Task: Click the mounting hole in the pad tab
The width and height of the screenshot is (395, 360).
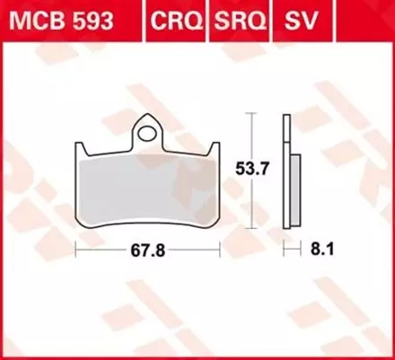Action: tap(147, 134)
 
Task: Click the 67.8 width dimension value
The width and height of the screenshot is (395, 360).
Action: tap(146, 250)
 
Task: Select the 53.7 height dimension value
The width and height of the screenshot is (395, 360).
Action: tap(272, 166)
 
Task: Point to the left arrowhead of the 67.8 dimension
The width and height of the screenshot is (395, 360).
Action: tap(77, 250)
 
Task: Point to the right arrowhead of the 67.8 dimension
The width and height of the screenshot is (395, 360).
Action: tap(218, 250)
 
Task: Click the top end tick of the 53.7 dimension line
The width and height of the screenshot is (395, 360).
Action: tap(252, 115)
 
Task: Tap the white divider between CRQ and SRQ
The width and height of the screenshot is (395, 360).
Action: tap(208, 19)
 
